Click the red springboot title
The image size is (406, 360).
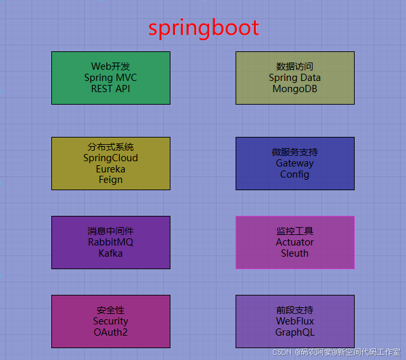(203, 28)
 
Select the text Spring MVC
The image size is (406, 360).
(111, 78)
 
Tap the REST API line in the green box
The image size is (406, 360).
(111, 89)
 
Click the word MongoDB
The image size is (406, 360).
(295, 89)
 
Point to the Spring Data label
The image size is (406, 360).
(295, 78)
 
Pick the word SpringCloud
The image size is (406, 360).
(111, 158)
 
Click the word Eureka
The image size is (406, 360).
(111, 169)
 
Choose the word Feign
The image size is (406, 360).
(111, 180)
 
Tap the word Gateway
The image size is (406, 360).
(295, 163)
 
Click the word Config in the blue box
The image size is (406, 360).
(295, 174)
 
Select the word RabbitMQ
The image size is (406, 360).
(111, 242)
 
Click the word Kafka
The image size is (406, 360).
(111, 253)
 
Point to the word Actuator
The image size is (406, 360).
(295, 242)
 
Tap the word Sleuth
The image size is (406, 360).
(295, 253)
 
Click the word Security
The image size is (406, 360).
(111, 321)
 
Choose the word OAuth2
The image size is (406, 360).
(111, 332)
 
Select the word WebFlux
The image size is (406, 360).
(295, 321)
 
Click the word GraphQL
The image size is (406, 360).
(295, 332)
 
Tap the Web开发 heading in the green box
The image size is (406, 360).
(111, 66)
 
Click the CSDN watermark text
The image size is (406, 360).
(282, 353)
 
